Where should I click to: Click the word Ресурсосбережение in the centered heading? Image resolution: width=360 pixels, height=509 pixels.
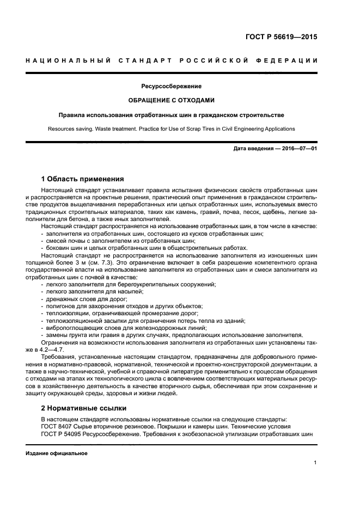pos(172,86)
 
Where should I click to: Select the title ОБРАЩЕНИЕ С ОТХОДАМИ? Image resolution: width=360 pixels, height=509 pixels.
pos(172,100)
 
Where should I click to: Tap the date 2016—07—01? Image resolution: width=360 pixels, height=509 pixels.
pos(298,148)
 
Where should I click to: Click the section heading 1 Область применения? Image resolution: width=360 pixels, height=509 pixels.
pos(83,179)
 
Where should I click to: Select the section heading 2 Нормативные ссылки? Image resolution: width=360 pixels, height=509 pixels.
pos(84,407)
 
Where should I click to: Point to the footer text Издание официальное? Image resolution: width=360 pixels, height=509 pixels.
pos(57,453)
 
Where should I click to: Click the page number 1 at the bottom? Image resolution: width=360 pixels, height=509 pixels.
pos(315,463)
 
